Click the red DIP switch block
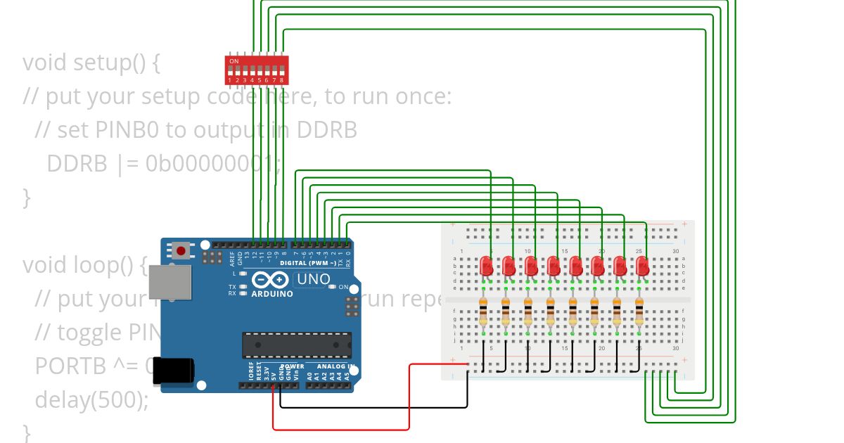point(255,70)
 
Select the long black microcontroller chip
point(297,345)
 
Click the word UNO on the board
point(313,279)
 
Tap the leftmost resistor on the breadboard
point(483,311)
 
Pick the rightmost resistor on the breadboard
point(639,311)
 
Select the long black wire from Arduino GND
point(373,407)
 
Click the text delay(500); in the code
point(91,400)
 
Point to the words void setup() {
point(91,63)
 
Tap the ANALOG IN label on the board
point(334,366)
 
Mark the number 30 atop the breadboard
point(675,252)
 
